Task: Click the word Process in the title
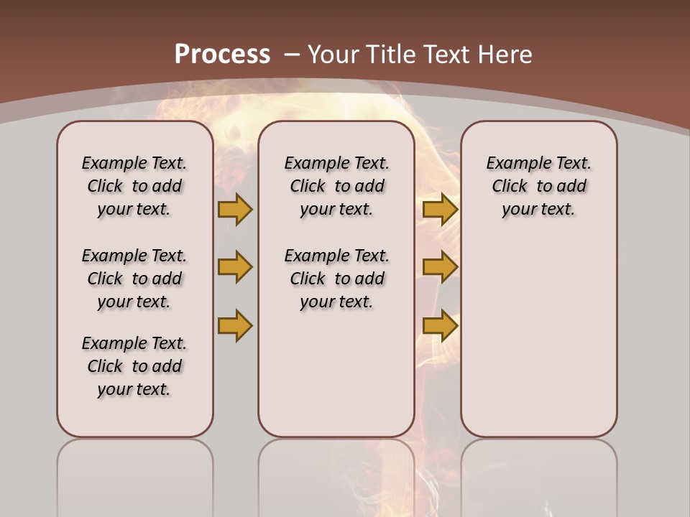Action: click(x=222, y=54)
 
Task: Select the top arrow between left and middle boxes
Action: click(x=235, y=209)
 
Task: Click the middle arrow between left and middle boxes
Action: click(x=235, y=267)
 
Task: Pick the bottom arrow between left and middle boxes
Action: click(x=235, y=325)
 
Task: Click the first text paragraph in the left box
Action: click(x=134, y=186)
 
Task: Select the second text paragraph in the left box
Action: click(x=134, y=279)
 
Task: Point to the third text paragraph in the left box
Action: click(x=134, y=366)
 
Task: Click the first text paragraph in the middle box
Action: click(x=336, y=186)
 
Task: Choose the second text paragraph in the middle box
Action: click(x=336, y=279)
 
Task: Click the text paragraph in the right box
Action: click(x=539, y=186)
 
